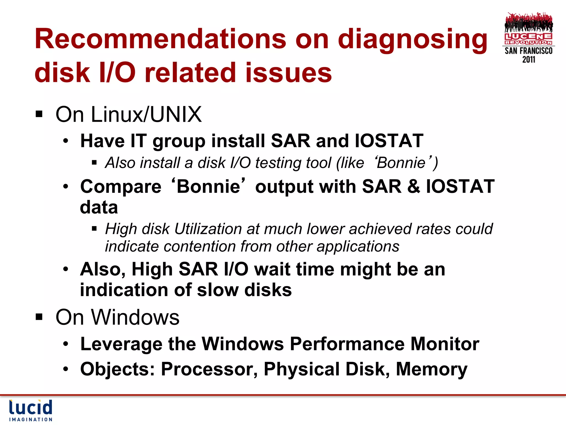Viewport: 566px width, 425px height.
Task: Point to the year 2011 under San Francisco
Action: [x=529, y=59]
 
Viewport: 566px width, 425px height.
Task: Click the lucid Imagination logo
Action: [x=31, y=410]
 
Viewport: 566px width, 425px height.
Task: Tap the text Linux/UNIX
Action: [x=146, y=114]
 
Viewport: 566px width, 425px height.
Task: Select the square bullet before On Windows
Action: [x=39, y=317]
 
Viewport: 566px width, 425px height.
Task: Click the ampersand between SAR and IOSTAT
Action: [x=413, y=186]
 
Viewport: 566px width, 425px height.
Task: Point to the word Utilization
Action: [x=208, y=229]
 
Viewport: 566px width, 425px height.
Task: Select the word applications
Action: [x=358, y=246]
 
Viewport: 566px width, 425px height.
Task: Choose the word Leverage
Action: [x=121, y=344]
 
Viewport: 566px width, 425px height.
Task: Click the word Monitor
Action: [x=445, y=344]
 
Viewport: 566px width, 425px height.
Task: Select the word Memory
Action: [x=431, y=369]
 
